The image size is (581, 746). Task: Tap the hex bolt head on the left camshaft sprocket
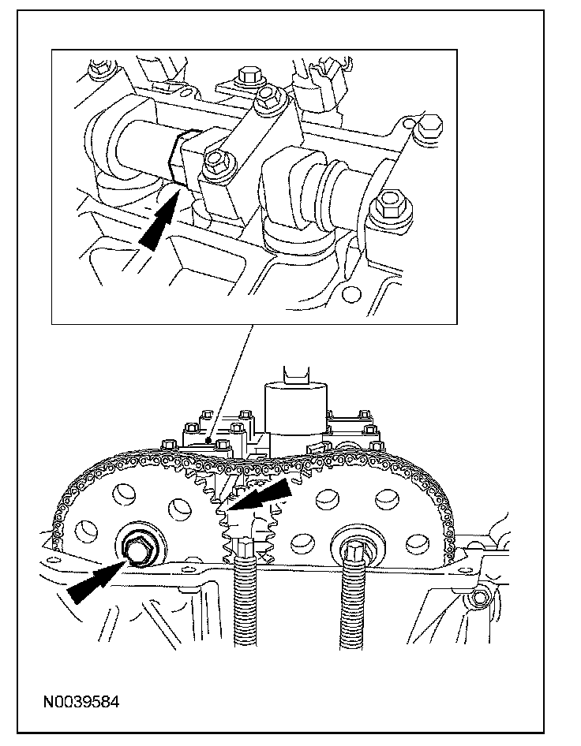[138, 547]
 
